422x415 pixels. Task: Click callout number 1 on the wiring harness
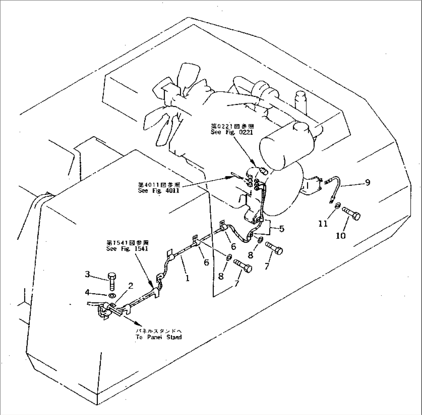(187, 278)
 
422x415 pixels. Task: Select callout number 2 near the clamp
(131, 286)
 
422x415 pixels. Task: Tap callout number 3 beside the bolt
(87, 275)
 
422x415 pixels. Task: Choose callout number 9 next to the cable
(367, 182)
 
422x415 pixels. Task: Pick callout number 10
(341, 235)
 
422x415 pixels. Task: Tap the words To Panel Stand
(158, 337)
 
